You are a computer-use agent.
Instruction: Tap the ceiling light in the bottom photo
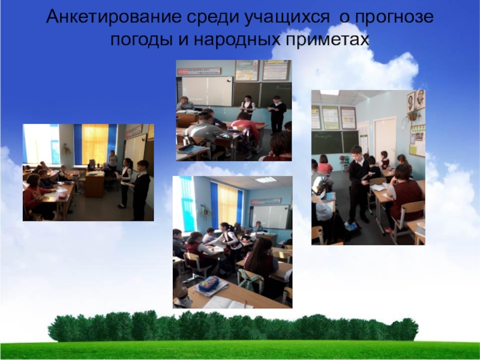click(265, 179)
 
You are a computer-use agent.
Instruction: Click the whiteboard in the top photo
click(206, 91)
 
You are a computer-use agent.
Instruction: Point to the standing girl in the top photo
click(248, 107)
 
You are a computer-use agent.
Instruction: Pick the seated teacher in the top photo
click(185, 104)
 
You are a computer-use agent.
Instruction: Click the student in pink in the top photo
click(245, 128)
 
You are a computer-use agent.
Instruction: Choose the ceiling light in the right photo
click(329, 93)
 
